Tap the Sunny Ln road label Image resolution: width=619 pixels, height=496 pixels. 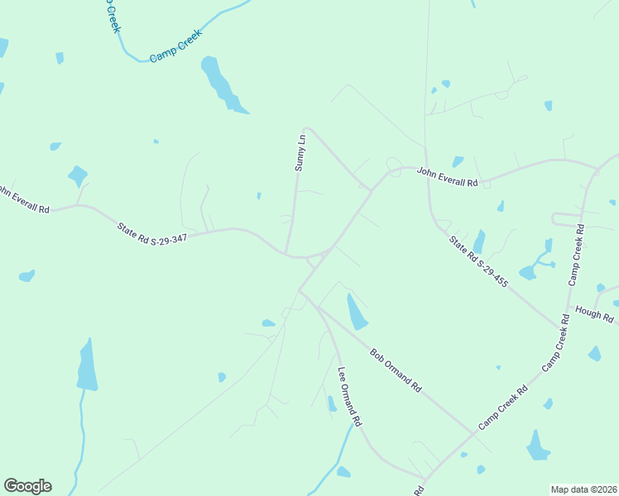pos(300,153)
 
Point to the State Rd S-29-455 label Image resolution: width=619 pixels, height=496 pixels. pos(478,262)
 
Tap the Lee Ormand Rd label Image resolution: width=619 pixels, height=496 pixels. pos(349,396)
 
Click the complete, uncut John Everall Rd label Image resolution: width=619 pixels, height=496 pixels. pos(447,177)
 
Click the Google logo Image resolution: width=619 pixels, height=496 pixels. pos(27,486)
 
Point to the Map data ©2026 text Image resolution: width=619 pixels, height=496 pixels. pos(583,489)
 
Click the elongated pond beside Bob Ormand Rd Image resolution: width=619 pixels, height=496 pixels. pos(357,312)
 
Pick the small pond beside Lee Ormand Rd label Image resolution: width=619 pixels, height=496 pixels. pos(331,403)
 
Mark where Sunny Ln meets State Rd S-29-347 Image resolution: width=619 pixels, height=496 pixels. pos(286,253)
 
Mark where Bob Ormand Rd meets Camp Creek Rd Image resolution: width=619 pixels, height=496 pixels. pos(476,432)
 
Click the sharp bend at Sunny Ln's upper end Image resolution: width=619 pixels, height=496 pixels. pos(306,129)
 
